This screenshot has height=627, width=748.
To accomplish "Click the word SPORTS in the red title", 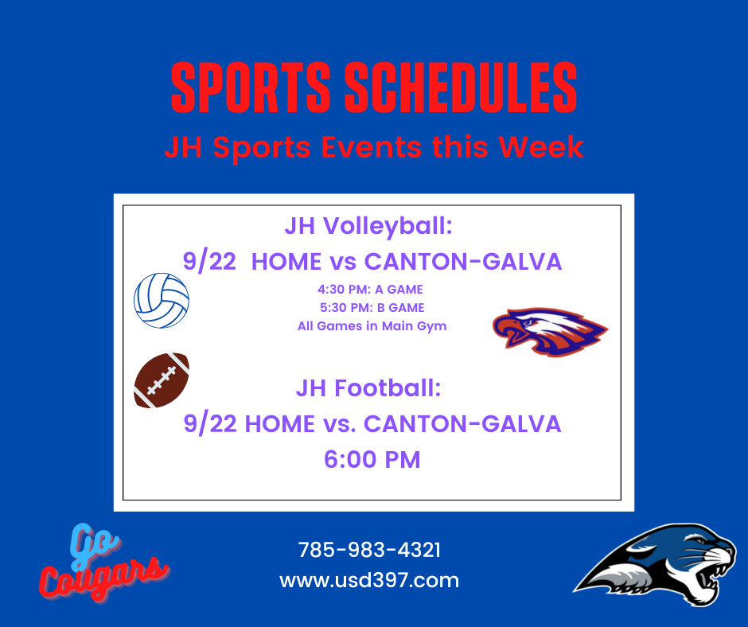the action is click(251, 88).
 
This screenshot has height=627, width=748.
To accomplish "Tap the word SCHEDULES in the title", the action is click(461, 88).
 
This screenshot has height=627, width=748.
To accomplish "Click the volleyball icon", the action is click(162, 301).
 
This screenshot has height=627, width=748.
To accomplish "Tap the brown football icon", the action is click(162, 380).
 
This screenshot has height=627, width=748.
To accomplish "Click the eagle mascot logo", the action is click(550, 332).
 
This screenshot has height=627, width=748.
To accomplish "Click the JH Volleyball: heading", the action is click(368, 226).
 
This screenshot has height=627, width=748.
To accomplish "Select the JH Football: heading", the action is click(368, 388).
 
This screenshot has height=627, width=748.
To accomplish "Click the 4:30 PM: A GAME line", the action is click(370, 290).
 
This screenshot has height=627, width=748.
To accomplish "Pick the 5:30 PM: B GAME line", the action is click(372, 308).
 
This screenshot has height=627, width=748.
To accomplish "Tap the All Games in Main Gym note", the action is click(372, 326).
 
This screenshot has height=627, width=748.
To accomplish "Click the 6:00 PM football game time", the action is click(372, 460).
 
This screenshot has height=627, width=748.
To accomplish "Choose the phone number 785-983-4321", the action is click(369, 550).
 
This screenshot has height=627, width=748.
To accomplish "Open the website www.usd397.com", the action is click(369, 581).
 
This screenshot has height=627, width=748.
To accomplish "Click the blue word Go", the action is click(94, 545).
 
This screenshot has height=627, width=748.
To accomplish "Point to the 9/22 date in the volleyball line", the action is click(209, 262).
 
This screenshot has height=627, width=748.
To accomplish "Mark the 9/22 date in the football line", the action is click(210, 424).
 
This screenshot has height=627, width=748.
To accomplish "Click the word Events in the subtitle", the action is click(372, 146).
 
